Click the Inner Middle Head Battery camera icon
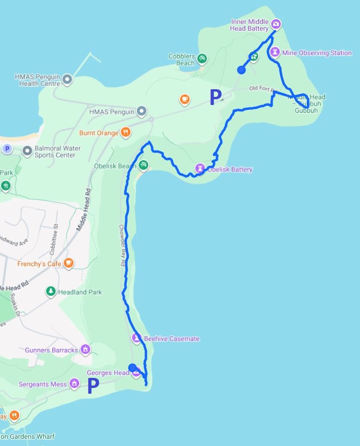click(x=276, y=23)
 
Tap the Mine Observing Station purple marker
click(x=275, y=52)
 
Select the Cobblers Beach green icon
click(x=202, y=58)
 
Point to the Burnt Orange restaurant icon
click(x=125, y=132)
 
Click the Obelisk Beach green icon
click(x=143, y=165)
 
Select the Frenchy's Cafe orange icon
click(x=69, y=263)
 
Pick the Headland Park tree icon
click(x=50, y=292)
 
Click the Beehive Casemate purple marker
click(x=137, y=338)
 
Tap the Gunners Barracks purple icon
click(x=85, y=349)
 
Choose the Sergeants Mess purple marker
click(x=74, y=384)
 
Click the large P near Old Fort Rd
click(x=216, y=97)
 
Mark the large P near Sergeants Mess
click(x=93, y=386)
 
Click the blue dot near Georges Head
click(x=132, y=367)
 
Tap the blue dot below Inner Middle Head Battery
click(x=241, y=70)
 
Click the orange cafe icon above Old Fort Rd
click(x=184, y=100)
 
